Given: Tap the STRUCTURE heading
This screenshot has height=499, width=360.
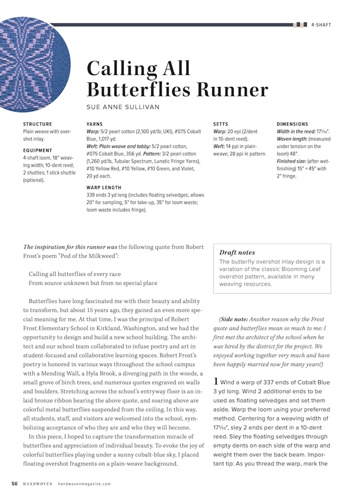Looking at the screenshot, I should pyautogui.click(x=37, y=124).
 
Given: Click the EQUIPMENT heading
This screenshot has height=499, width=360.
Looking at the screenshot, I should pyautogui.click(x=37, y=151).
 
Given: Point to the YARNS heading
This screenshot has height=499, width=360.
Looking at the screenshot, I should pyautogui.click(x=95, y=124).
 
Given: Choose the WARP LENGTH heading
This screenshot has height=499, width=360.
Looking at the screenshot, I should pyautogui.click(x=104, y=188).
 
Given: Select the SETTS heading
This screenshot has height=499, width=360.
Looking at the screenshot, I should pyautogui.click(x=221, y=124).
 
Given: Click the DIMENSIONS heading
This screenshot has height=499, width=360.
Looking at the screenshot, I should pyautogui.click(x=292, y=124).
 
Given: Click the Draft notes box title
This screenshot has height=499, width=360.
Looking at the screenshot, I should pyautogui.click(x=237, y=253).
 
